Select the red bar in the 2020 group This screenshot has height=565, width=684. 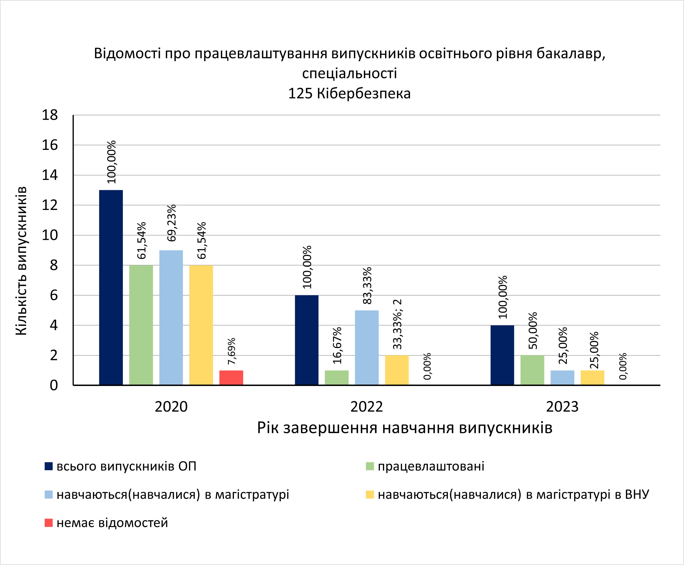(231, 378)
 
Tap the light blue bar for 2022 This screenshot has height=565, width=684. (367, 348)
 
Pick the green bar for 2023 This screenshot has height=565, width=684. (532, 370)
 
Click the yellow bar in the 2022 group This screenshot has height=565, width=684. (396, 370)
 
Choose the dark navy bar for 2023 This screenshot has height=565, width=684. (502, 355)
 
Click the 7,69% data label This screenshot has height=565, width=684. (232, 351)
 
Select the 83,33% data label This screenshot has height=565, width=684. (367, 286)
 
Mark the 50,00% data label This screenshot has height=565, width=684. (533, 331)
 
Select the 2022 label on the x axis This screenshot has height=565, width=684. (367, 407)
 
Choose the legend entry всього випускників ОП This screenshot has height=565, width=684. (126, 466)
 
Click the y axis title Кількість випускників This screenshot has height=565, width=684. (21, 260)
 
